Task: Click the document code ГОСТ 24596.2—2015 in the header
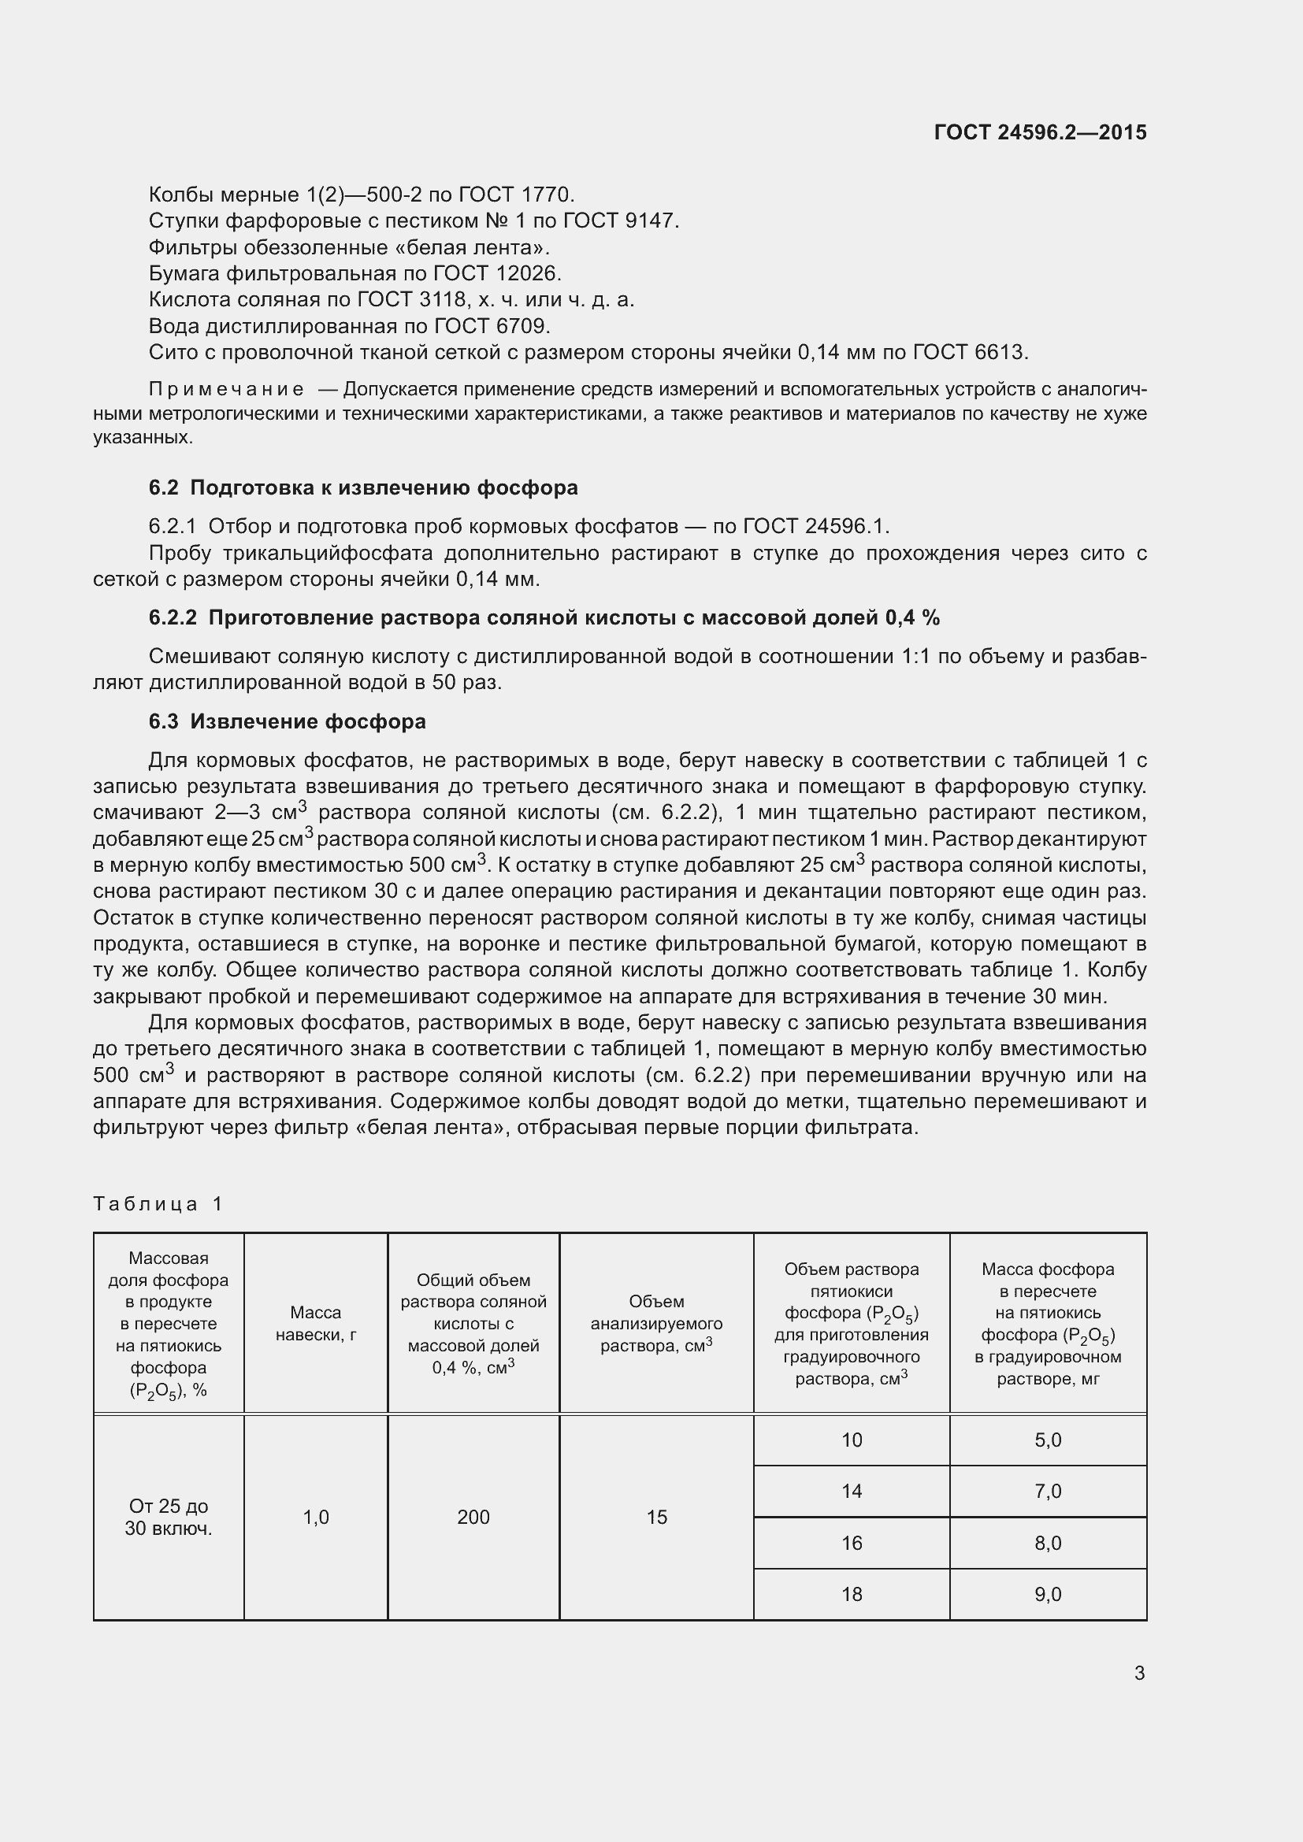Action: [x=1040, y=132]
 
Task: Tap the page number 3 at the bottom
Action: [x=1139, y=1673]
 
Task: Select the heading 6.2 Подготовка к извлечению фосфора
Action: [x=362, y=487]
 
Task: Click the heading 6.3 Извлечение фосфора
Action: [x=288, y=721]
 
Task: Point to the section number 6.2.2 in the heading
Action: [x=173, y=617]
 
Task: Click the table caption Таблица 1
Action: [x=158, y=1203]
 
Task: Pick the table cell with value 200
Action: [x=473, y=1517]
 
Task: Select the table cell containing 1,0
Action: [x=316, y=1517]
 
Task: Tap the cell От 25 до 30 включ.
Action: [x=169, y=1517]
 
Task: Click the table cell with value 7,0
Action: [x=1048, y=1492]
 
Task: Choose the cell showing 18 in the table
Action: [x=852, y=1594]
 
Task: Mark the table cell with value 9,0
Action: [x=1048, y=1594]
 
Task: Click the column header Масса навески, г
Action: [x=316, y=1324]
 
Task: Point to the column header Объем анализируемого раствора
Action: [x=656, y=1324]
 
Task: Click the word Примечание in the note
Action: [x=226, y=390]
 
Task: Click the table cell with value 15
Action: [x=656, y=1517]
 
